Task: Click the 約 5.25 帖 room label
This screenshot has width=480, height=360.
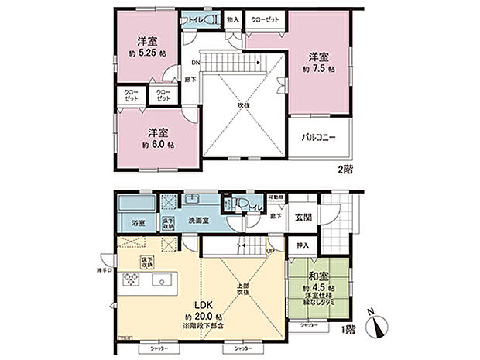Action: point(143,53)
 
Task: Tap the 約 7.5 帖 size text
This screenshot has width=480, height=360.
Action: point(318,69)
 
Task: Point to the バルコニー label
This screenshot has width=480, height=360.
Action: point(318,137)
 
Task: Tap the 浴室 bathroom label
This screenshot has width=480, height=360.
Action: point(137,221)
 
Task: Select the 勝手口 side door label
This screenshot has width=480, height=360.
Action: point(104,269)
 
